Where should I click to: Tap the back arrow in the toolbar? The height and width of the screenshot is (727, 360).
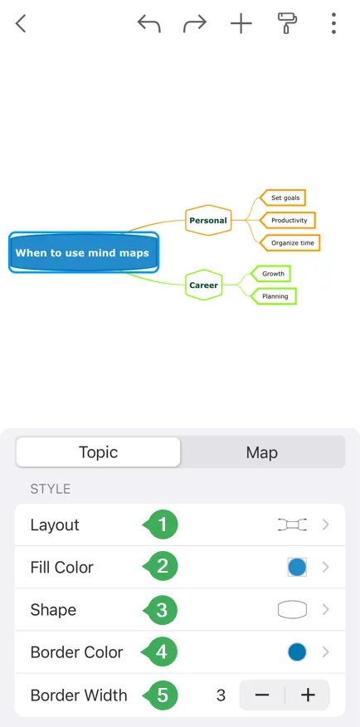click(21, 23)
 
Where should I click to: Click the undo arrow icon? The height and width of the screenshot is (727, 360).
click(148, 23)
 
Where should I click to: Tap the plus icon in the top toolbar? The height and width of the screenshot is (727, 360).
click(241, 23)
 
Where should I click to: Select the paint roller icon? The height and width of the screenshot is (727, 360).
click(287, 23)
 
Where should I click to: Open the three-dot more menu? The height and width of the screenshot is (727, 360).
click(333, 23)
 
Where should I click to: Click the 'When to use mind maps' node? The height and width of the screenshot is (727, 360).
click(84, 252)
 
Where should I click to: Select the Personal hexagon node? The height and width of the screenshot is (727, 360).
click(208, 220)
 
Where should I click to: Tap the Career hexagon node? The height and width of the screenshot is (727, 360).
click(204, 285)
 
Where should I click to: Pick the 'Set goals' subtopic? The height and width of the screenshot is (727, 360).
click(283, 198)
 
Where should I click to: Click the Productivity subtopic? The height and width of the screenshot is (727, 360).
click(287, 220)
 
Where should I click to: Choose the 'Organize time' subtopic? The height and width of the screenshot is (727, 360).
click(289, 242)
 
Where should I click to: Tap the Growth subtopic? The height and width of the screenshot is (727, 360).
click(270, 274)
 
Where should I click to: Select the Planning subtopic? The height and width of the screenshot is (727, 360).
click(274, 295)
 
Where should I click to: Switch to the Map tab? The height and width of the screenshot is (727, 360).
click(262, 452)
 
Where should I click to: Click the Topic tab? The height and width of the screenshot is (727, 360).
click(98, 452)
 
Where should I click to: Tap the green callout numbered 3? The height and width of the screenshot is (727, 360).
click(161, 610)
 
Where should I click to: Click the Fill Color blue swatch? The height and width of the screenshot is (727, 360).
click(297, 567)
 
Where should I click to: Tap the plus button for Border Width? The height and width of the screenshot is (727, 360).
click(308, 695)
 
